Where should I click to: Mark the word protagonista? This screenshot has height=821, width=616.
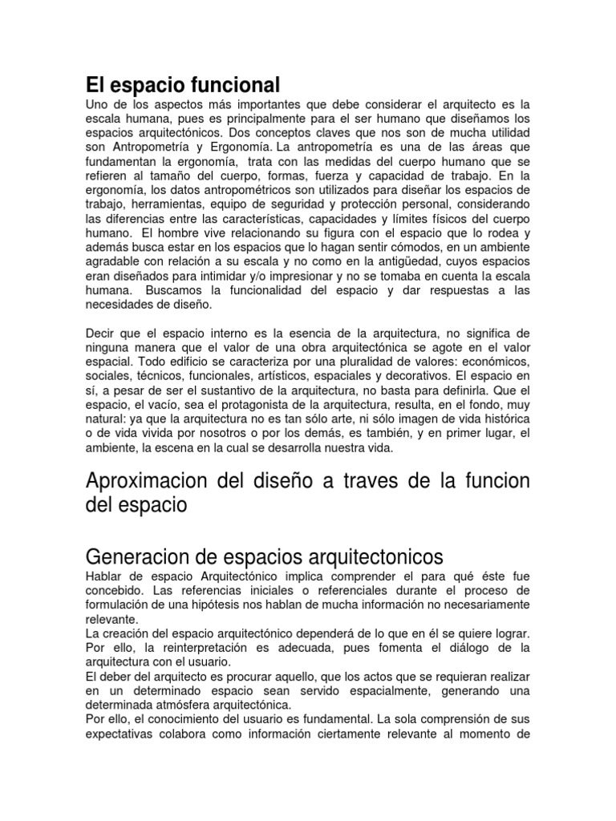pos(265,405)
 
